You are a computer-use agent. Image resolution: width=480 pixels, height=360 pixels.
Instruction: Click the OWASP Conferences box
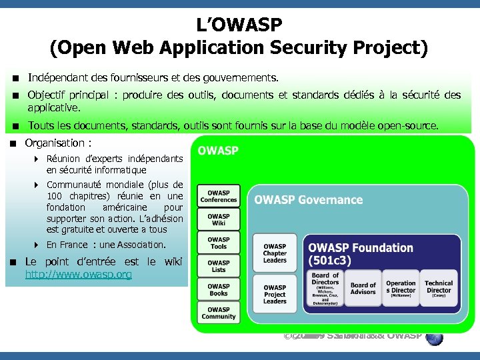pos(219,196)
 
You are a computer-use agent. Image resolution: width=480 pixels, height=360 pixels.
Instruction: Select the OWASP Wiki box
pos(219,220)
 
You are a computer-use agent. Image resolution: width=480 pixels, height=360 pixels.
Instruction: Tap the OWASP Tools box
pos(219,243)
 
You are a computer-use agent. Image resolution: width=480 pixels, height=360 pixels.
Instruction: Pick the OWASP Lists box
pos(219,267)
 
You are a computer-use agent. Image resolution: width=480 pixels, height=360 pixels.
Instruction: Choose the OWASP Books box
pos(219,290)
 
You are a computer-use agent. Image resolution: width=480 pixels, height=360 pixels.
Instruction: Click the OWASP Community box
pos(219,313)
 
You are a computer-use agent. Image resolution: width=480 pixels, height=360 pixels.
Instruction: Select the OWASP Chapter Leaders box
pos(275,253)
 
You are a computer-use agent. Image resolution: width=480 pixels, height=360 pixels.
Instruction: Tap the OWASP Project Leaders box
pos(275,294)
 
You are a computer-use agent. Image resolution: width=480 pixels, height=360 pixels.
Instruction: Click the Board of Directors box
pos(325,287)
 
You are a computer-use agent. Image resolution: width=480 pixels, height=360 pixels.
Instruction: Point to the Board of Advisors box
pos(363,289)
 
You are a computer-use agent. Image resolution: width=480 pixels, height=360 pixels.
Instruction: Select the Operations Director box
pos(401,288)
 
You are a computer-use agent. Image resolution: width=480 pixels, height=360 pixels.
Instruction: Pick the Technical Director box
pos(439,288)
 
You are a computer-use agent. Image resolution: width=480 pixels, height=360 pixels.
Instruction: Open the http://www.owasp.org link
pos(79,275)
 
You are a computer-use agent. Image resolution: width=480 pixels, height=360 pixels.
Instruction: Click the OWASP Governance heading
pos(308,200)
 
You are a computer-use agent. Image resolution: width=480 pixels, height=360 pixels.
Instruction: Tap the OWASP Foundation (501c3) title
pos(360,253)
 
